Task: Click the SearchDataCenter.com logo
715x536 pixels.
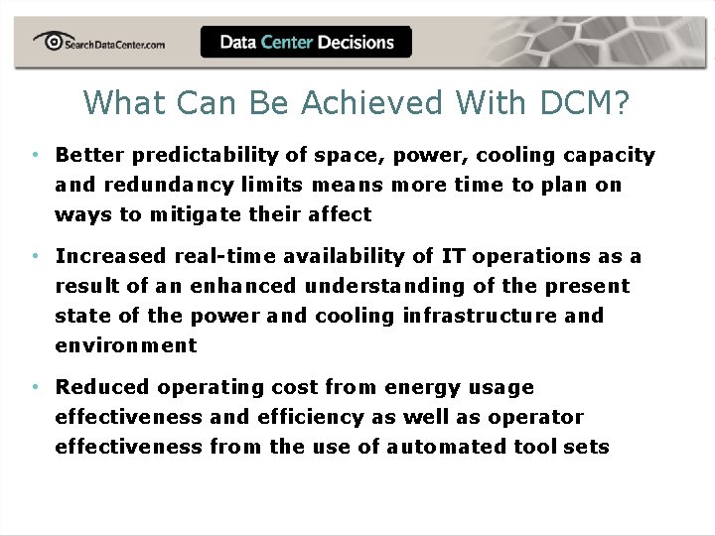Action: tap(98, 42)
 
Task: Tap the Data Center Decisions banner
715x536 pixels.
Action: tap(306, 42)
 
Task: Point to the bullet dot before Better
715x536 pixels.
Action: tap(34, 155)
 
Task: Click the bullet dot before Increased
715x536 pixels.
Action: tap(34, 256)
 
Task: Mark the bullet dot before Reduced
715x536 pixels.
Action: tap(34, 387)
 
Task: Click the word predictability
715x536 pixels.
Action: tap(203, 155)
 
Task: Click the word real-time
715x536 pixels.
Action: tap(225, 256)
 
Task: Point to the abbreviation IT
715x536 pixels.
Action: tap(453, 256)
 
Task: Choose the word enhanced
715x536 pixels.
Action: tap(242, 286)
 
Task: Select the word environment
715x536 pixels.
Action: tap(126, 345)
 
